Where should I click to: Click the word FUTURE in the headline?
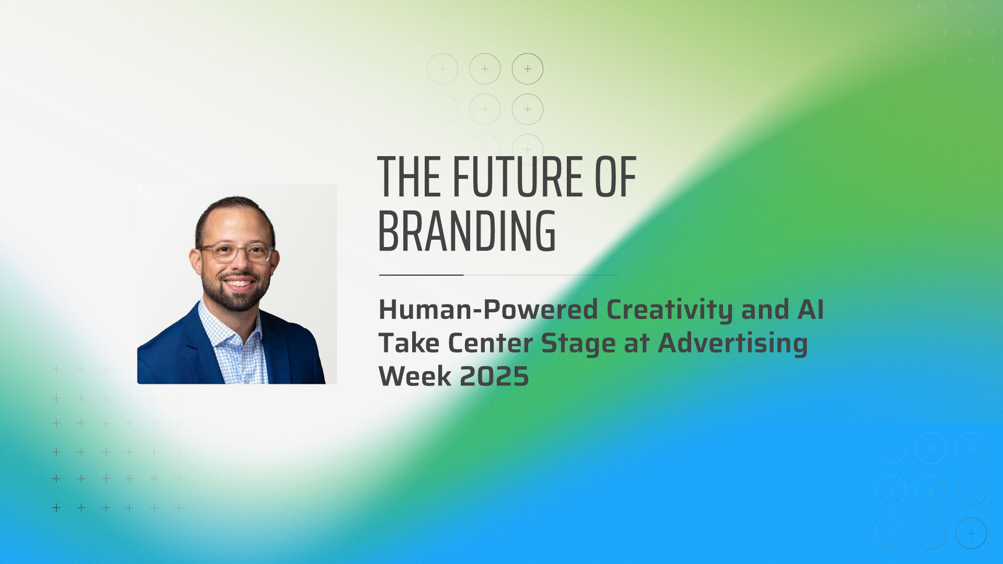tap(517, 177)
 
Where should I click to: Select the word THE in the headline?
tap(410, 177)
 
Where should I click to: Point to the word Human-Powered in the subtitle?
tap(488, 310)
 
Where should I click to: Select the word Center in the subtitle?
tap(490, 343)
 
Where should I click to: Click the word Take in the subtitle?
tap(409, 343)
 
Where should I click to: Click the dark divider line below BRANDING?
tap(421, 275)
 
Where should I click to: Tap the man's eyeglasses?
tap(236, 252)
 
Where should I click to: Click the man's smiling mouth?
tap(239, 284)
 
